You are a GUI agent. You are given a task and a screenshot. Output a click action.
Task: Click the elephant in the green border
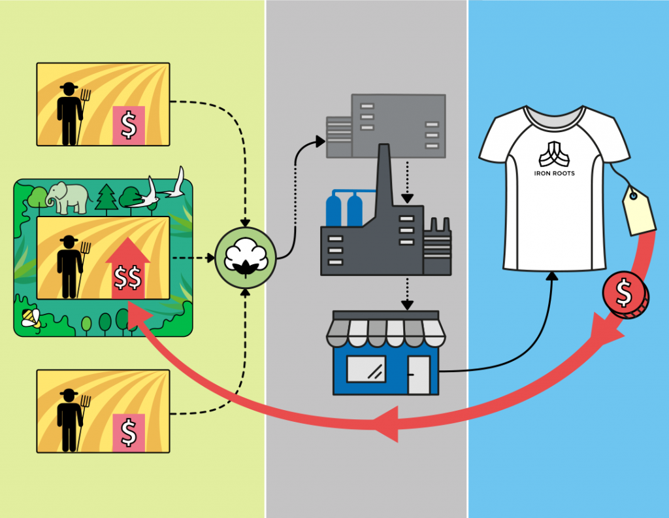pos(68,198)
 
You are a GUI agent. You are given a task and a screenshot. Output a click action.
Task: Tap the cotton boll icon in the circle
pos(246,258)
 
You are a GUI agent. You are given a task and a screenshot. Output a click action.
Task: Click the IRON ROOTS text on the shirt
pos(554,173)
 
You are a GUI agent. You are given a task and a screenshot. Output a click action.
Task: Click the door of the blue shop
pos(419,375)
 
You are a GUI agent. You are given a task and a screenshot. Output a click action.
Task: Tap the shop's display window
pos(366,369)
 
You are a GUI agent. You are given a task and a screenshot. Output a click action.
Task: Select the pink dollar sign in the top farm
pos(129,125)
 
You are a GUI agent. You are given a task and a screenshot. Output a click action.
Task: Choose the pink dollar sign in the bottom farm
pos(129,432)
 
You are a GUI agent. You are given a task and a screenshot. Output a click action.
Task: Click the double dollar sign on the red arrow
pos(127,277)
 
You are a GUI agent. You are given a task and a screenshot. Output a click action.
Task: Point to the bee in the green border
pos(31,318)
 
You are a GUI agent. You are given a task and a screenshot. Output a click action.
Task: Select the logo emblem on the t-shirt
pos(554,154)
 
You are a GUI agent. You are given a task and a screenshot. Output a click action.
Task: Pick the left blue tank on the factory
pos(334,210)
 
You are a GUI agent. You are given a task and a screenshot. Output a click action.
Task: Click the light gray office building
pos(385,126)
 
